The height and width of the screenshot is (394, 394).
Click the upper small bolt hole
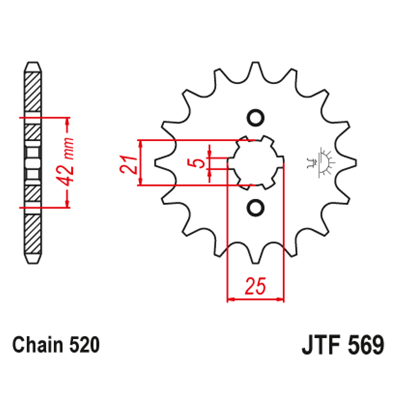[255, 117]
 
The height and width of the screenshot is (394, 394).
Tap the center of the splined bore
[255, 162]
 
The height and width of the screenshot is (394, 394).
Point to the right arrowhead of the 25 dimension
[281, 299]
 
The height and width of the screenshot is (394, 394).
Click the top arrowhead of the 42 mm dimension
[67, 121]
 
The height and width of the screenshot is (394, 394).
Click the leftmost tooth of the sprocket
[158, 162]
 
